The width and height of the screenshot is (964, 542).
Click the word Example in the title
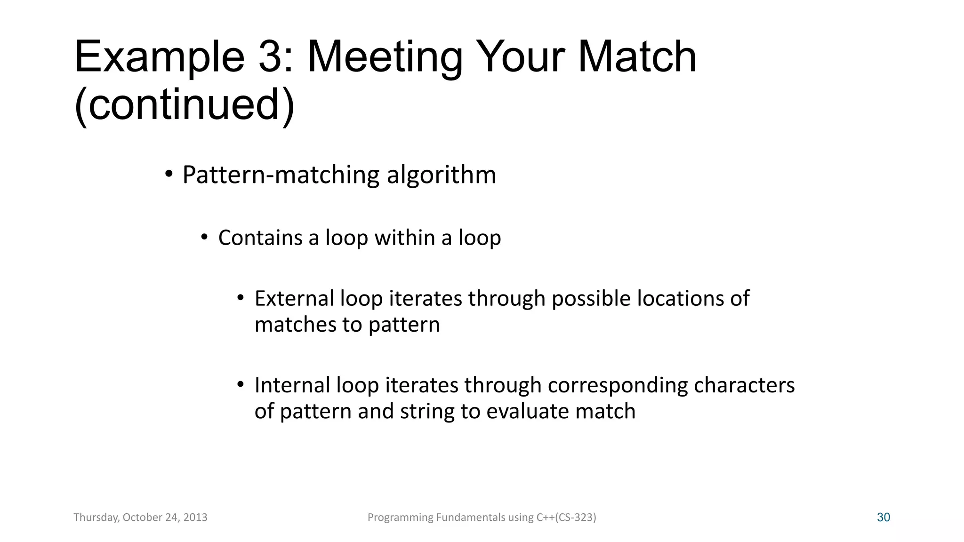tap(159, 57)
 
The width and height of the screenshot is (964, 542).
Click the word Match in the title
tap(637, 56)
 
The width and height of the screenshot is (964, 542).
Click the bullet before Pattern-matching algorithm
tap(169, 175)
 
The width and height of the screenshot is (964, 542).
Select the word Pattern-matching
tap(281, 175)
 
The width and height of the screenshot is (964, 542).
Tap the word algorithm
tap(441, 175)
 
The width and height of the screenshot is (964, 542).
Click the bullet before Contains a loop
tap(204, 237)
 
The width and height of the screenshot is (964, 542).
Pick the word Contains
tap(260, 238)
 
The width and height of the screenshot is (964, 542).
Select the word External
tap(294, 298)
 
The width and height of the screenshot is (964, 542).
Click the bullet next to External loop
tap(241, 298)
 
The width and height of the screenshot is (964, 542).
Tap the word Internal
tap(292, 385)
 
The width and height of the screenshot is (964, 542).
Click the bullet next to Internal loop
tap(241, 384)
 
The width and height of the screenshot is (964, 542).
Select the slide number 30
tap(884, 518)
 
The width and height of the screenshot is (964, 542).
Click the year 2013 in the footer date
tap(195, 518)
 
